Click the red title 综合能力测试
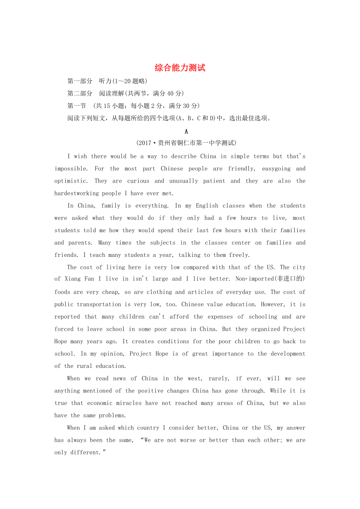click(x=180, y=68)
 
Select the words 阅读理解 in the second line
click(x=112, y=93)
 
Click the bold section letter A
click(x=186, y=131)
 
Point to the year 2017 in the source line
click(x=145, y=143)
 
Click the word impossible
click(x=71, y=169)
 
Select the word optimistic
click(x=71, y=181)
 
